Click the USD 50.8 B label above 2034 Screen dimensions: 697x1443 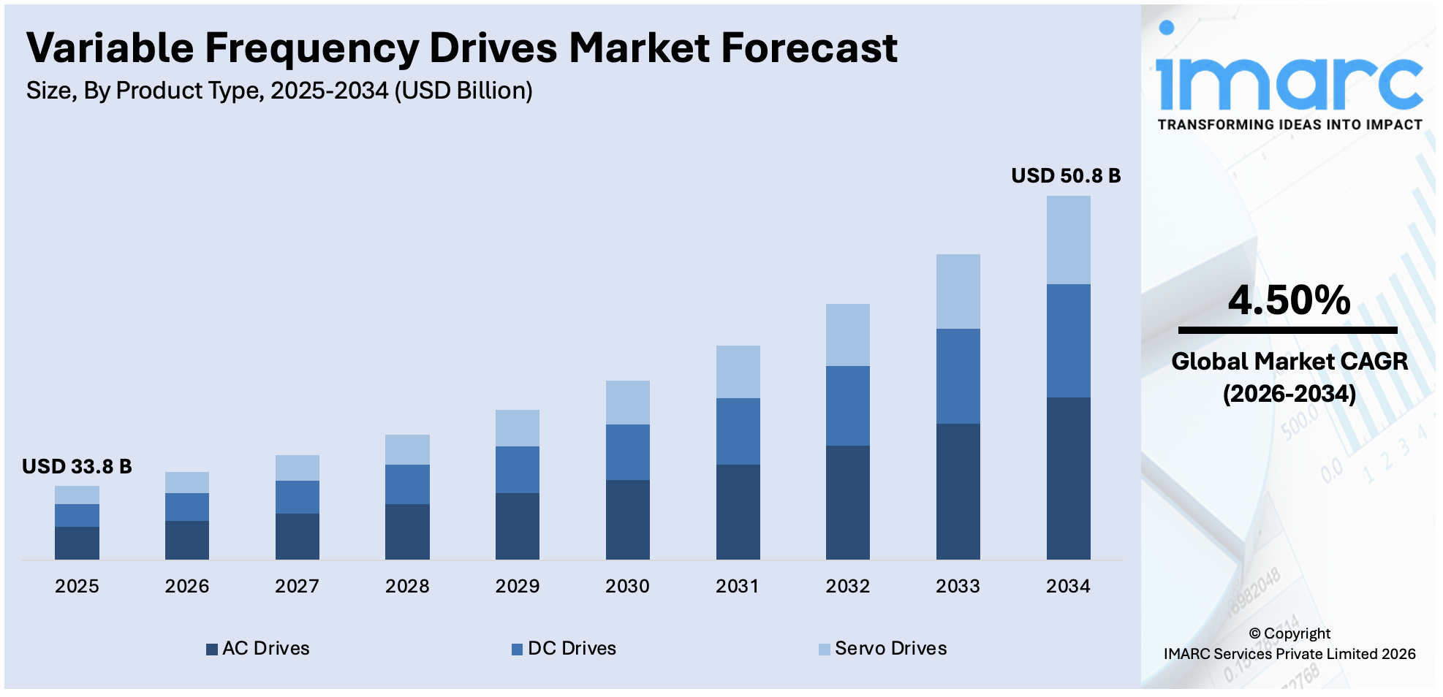(1065, 175)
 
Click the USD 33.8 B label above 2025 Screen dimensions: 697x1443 (77, 466)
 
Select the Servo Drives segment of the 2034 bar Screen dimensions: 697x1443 (1068, 240)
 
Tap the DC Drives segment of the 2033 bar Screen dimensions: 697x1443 (958, 376)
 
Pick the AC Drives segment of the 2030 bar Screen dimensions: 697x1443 (627, 519)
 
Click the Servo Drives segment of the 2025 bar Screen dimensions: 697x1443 (77, 495)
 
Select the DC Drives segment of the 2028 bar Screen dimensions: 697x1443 (407, 484)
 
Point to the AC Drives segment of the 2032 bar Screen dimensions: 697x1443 (847, 502)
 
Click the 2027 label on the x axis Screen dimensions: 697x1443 (297, 586)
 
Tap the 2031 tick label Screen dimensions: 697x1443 (737, 586)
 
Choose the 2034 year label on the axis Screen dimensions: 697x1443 (1068, 586)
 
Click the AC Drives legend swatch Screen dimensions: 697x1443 (212, 650)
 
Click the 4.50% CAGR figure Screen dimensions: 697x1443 (1289, 300)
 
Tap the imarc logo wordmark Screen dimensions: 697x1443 (1289, 80)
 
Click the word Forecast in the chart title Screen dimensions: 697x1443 (808, 48)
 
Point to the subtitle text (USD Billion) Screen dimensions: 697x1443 (463, 91)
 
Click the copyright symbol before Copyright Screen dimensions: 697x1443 (1254, 633)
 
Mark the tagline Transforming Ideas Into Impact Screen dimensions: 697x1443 (1289, 125)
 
